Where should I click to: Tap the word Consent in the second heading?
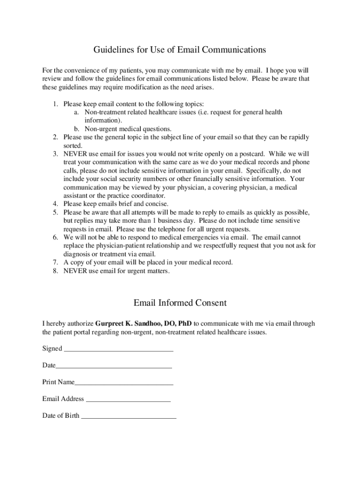click(208, 303)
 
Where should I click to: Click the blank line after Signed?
click(118, 349)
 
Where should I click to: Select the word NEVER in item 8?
click(75, 271)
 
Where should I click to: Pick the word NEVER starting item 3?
click(75, 153)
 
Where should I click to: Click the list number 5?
click(55, 212)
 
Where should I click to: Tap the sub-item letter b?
click(76, 129)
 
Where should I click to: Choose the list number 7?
click(55, 262)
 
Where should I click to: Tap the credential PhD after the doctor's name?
click(184, 323)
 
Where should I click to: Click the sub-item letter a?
click(76, 112)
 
